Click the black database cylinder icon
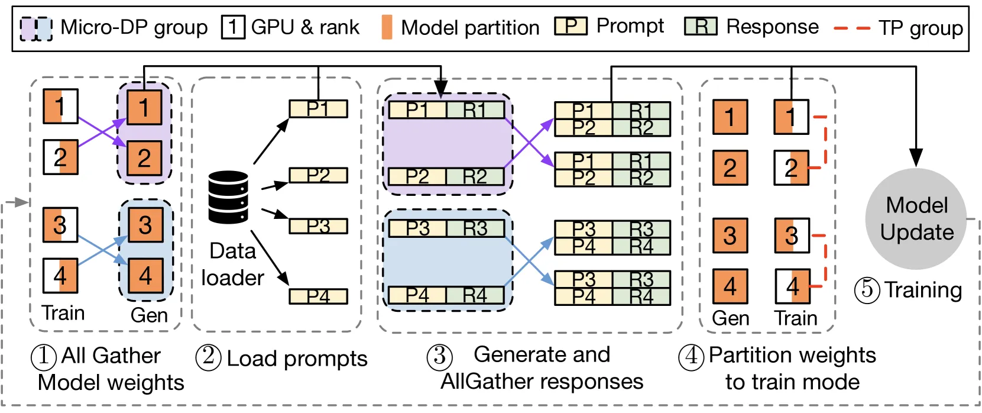click(x=228, y=197)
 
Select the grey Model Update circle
click(x=916, y=218)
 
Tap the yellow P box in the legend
click(x=571, y=27)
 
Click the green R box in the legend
click(x=701, y=27)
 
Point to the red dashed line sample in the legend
click(x=852, y=28)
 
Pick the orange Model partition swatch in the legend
click(x=387, y=27)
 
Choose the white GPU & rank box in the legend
click(x=233, y=27)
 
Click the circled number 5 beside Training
click(x=867, y=290)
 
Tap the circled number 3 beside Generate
click(x=439, y=356)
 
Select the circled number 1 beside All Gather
click(x=43, y=356)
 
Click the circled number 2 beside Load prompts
click(x=208, y=357)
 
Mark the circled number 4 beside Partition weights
click(x=691, y=356)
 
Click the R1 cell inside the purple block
click(x=475, y=109)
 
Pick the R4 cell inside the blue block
click(x=475, y=295)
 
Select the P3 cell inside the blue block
click(x=417, y=228)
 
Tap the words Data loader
click(x=232, y=264)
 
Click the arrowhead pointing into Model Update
click(x=916, y=157)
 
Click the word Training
click(x=923, y=290)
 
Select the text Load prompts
click(x=297, y=359)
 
